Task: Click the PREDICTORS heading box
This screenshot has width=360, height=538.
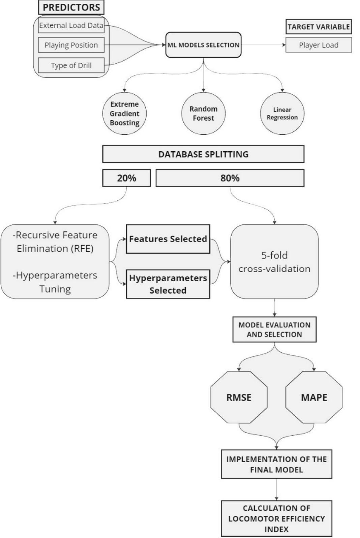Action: (71, 7)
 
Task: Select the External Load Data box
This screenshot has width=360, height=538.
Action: (71, 26)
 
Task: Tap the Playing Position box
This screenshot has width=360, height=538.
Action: (71, 45)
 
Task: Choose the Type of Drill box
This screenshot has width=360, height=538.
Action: (71, 65)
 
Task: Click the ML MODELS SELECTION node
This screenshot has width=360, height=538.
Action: (203, 45)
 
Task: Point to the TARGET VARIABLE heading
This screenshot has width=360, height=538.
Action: (319, 27)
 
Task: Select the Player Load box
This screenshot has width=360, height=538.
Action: (319, 45)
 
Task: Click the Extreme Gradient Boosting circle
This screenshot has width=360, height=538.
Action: (124, 114)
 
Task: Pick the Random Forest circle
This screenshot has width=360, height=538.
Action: (203, 114)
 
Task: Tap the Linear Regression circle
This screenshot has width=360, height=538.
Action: (282, 114)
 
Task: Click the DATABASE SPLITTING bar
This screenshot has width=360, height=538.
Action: (203, 154)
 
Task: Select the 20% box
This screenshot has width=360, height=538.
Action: (126, 178)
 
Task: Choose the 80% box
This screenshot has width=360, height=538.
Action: (230, 178)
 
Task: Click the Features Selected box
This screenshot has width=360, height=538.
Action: (168, 239)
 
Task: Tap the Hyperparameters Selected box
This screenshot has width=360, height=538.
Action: (168, 284)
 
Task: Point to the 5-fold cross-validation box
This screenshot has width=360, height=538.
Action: (274, 262)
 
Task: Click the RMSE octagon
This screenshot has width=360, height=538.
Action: (239, 398)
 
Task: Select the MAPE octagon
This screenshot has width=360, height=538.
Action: (314, 398)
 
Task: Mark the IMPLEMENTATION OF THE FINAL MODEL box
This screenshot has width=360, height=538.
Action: (276, 464)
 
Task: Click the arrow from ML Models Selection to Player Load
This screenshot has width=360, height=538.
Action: (263, 45)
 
